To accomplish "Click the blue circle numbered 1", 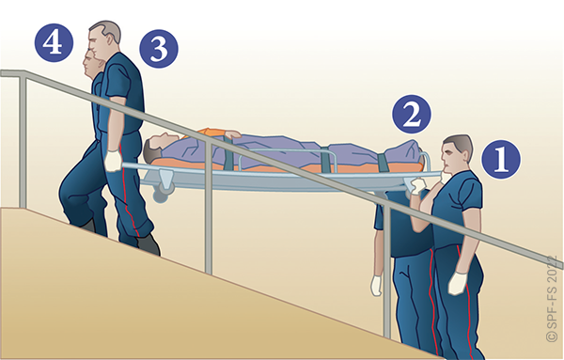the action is pyautogui.click(x=501, y=159).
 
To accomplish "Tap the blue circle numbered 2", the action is pyautogui.click(x=412, y=115).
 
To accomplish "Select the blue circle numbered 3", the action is pyautogui.click(x=159, y=49).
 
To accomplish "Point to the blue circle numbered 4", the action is pyautogui.click(x=54, y=43).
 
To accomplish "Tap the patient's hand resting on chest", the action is pyautogui.click(x=232, y=133).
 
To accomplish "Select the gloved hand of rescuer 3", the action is pyautogui.click(x=114, y=161).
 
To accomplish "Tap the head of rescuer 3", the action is pyautogui.click(x=103, y=38).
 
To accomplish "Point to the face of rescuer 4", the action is pyautogui.click(x=89, y=63).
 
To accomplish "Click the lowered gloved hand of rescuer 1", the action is pyautogui.click(x=458, y=284).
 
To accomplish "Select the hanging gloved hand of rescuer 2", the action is pyautogui.click(x=376, y=286).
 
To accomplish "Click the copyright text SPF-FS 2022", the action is pyautogui.click(x=554, y=299).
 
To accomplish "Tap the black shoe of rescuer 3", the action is pyautogui.click(x=149, y=244).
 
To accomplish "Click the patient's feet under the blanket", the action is pyautogui.click(x=410, y=151).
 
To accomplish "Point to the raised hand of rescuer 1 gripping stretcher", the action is pyautogui.click(x=416, y=186).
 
